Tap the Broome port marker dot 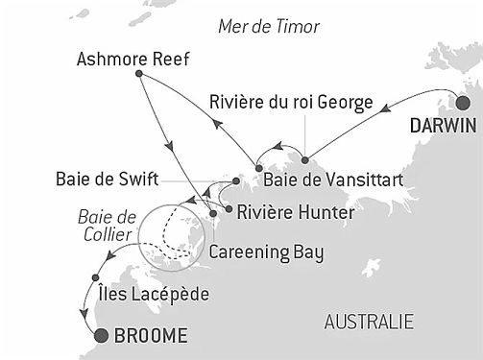tap(102, 335)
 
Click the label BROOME tap(149, 336)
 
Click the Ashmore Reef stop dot tap(140, 74)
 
